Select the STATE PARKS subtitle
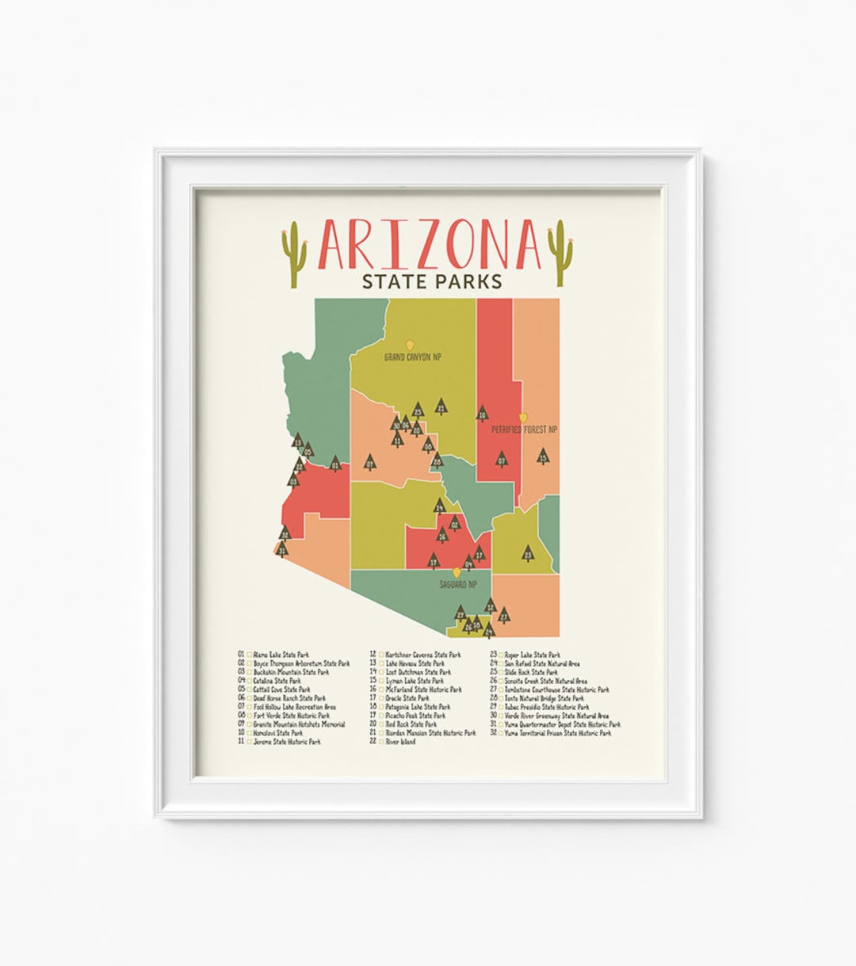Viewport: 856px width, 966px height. pyautogui.click(x=430, y=281)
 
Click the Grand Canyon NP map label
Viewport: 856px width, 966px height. pyautogui.click(x=412, y=357)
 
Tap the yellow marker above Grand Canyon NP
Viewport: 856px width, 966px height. pyautogui.click(x=411, y=345)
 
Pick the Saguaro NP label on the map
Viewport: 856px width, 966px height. pyautogui.click(x=458, y=584)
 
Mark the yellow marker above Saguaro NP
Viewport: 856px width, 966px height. pyautogui.click(x=457, y=571)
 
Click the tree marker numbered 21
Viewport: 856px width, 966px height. pyautogui.click(x=441, y=408)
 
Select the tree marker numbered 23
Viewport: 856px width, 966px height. pyautogui.click(x=528, y=554)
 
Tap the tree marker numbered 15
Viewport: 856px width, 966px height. pyautogui.click(x=543, y=456)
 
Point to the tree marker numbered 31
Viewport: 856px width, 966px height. pyautogui.click(x=282, y=548)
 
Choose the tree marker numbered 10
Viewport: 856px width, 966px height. pyautogui.click(x=482, y=413)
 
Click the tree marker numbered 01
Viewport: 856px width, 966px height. pyautogui.click(x=335, y=464)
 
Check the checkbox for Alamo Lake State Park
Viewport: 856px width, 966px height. pyautogui.click(x=249, y=655)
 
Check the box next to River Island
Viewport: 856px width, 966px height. pyautogui.click(x=381, y=743)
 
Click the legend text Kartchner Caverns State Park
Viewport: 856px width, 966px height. pyautogui.click(x=422, y=655)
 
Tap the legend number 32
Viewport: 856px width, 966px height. pyautogui.click(x=493, y=734)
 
